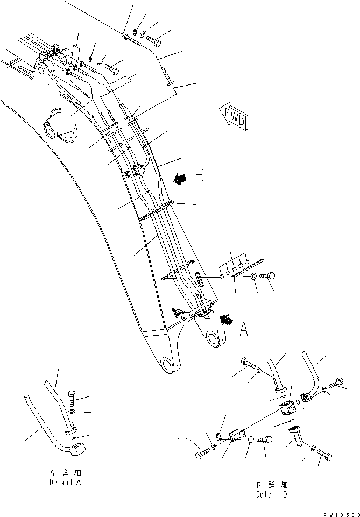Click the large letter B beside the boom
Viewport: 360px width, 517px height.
coord(199,176)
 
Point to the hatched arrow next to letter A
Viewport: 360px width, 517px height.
coord(227,320)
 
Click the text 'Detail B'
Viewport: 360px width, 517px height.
coord(271,494)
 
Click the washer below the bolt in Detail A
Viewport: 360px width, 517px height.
coord(73,412)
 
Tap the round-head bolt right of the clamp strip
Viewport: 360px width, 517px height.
coord(267,276)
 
